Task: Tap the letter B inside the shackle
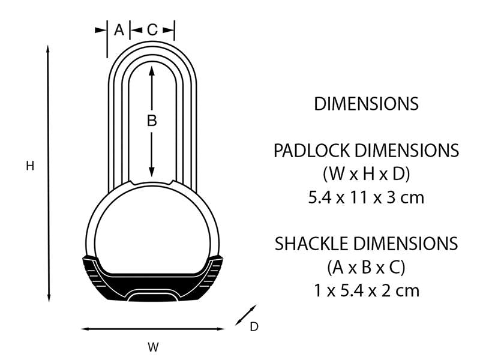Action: tap(152, 121)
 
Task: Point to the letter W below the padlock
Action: tap(154, 346)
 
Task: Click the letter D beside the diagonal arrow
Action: tap(254, 326)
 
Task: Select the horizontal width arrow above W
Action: tap(153, 329)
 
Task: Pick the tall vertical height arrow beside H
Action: tap(49, 174)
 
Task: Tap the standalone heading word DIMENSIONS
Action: tap(366, 104)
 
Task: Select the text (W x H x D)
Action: tap(366, 174)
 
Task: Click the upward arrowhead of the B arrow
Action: tap(152, 70)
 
